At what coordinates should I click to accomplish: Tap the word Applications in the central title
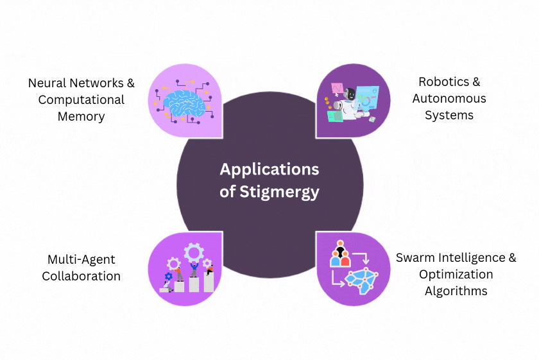click(x=269, y=169)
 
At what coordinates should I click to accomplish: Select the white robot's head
click(x=348, y=95)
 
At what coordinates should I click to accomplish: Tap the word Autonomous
click(x=449, y=99)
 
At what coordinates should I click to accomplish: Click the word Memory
click(x=81, y=117)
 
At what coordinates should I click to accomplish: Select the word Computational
click(x=81, y=100)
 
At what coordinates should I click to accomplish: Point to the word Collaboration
click(x=81, y=276)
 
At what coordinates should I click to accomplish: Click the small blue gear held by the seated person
click(x=168, y=277)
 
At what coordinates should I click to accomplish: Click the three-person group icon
click(x=339, y=255)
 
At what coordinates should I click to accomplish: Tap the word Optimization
click(x=456, y=275)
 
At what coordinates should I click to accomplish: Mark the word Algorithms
click(x=456, y=291)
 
